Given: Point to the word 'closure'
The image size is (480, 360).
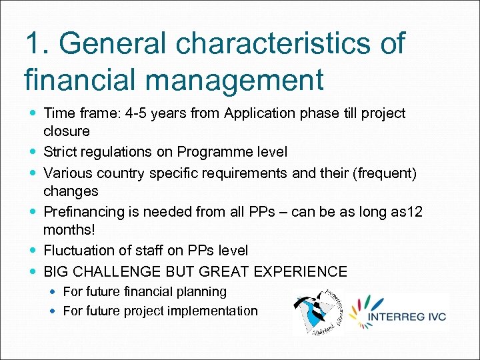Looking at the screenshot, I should click(66, 131).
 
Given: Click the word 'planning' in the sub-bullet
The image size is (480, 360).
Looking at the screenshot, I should click(203, 292).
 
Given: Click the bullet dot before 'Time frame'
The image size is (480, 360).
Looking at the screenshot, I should click(33, 113).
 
